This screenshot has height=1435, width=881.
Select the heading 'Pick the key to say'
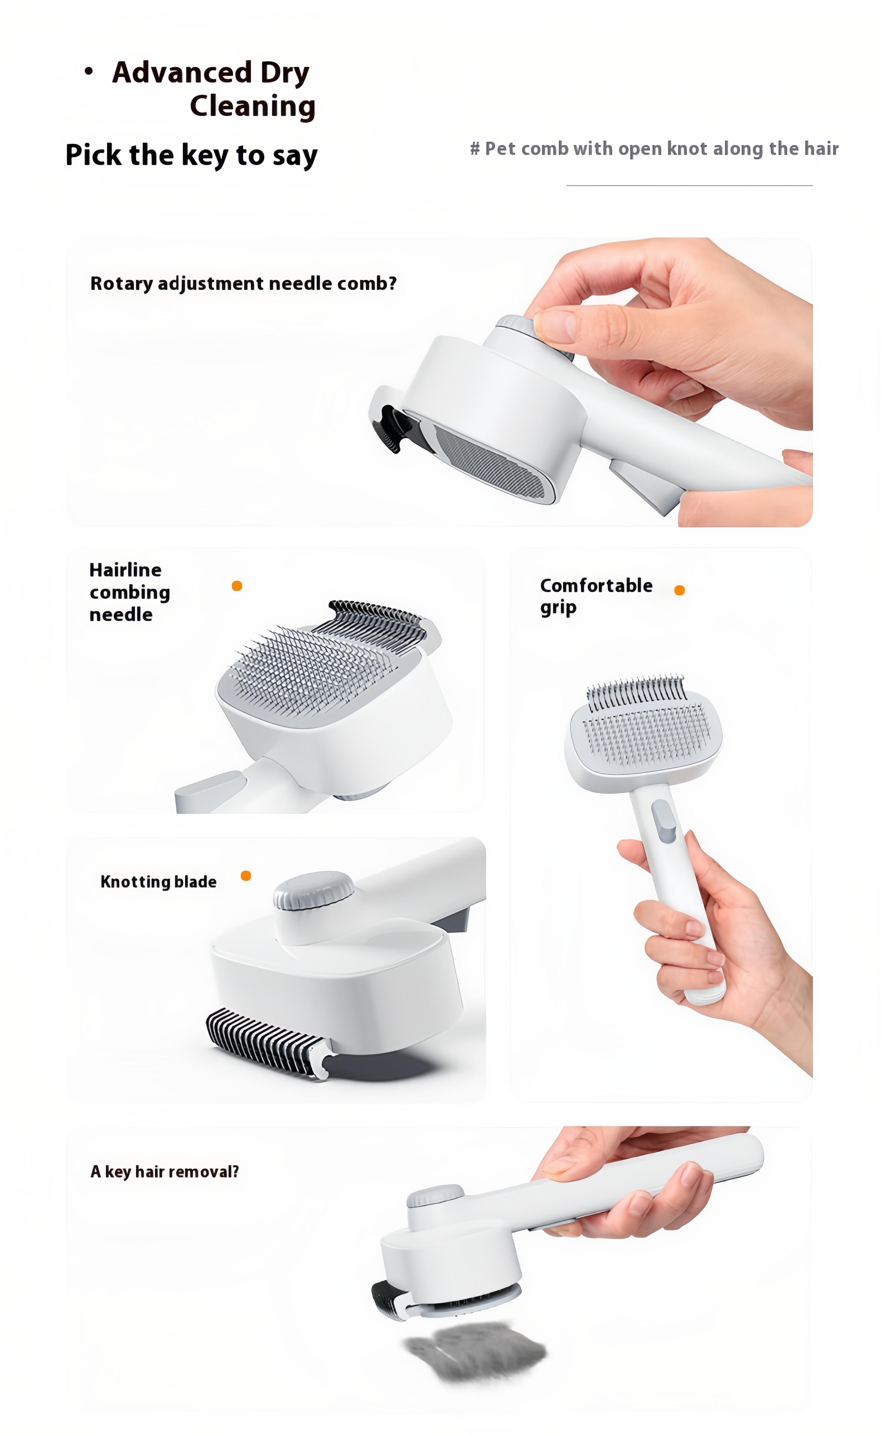tap(191, 156)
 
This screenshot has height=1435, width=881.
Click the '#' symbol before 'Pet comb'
tap(475, 149)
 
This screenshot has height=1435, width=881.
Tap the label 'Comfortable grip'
tap(596, 596)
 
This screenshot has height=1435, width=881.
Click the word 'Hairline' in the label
tap(125, 570)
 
